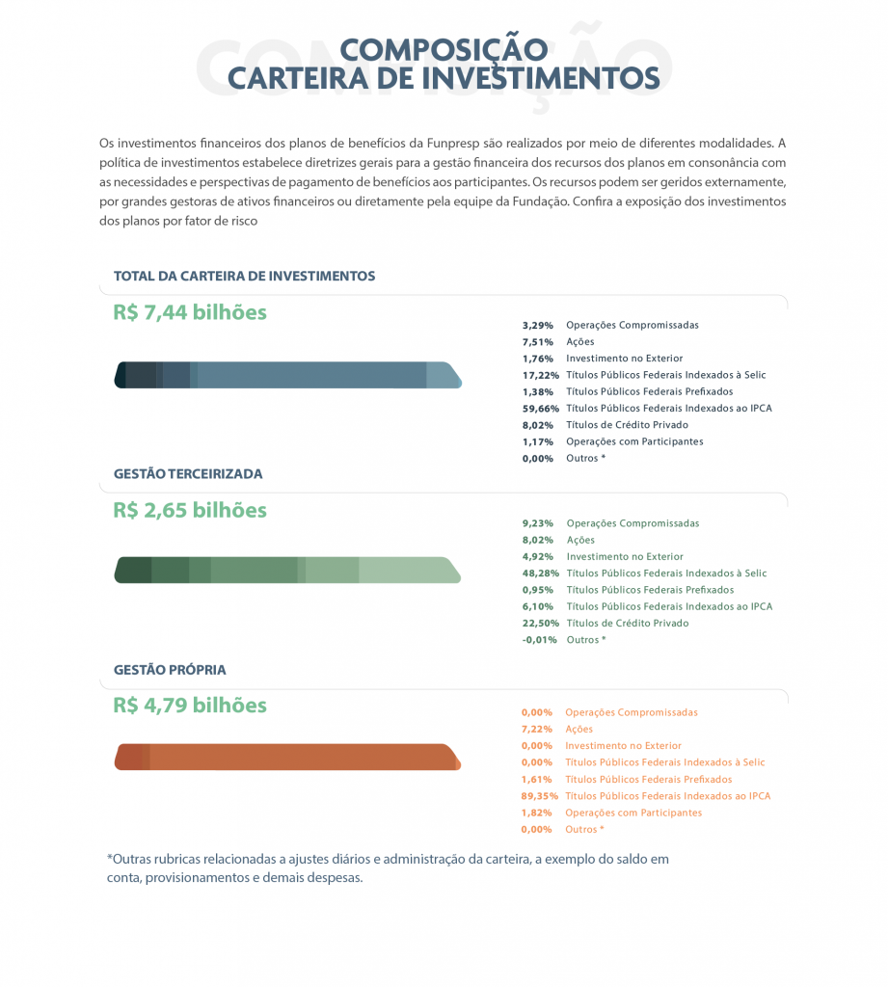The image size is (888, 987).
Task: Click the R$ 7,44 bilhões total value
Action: pos(190,312)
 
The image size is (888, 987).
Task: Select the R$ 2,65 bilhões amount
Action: pos(190,510)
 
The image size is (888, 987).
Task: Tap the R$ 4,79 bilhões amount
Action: pos(190,705)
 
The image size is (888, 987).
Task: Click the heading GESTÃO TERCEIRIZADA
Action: pos(188,474)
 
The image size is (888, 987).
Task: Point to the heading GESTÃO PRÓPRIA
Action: pos(170,669)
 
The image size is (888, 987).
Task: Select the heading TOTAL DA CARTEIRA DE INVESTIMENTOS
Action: pos(244,276)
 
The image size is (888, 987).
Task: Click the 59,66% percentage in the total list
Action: pos(538,408)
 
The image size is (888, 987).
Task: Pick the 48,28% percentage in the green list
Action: pos(538,574)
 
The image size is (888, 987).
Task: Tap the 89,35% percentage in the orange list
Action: pos(537,796)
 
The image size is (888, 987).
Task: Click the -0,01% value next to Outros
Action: pos(538,640)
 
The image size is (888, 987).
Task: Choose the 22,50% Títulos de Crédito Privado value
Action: pos(538,624)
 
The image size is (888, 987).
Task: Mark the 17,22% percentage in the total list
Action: pos(538,375)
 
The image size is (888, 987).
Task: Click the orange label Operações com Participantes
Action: pos(633,813)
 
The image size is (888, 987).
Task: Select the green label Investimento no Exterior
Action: pos(625,557)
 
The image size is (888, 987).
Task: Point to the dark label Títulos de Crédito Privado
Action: pos(627,425)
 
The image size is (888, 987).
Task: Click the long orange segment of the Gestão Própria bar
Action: pos(299,757)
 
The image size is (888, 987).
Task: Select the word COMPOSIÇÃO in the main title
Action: pos(444,50)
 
